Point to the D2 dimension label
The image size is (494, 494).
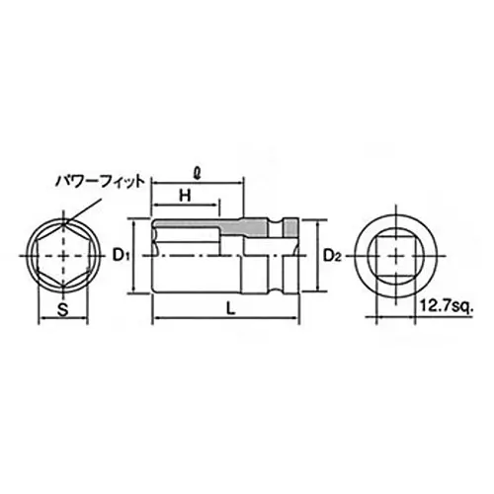coord(333,257)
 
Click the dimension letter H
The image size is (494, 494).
coord(184,196)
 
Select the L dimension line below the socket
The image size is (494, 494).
coord(188,318)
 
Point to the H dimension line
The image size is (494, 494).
coord(168,206)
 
